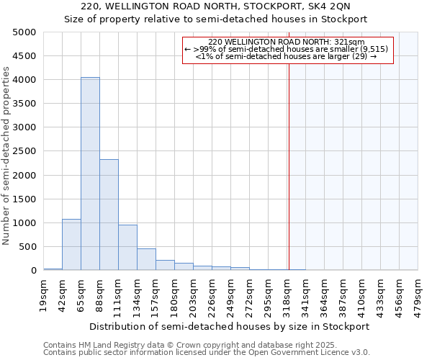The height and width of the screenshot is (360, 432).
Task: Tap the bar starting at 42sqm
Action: click(x=71, y=245)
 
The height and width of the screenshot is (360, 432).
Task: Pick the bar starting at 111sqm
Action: click(x=127, y=248)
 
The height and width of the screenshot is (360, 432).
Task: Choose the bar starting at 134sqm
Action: click(x=146, y=259)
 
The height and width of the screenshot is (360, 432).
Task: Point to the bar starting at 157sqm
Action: click(x=165, y=265)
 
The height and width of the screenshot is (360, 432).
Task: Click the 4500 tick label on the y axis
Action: click(x=24, y=56)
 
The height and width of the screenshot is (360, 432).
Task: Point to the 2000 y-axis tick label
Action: click(x=24, y=175)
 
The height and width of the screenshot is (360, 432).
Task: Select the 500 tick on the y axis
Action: click(x=28, y=247)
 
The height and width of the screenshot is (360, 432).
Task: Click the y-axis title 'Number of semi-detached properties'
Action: click(x=6, y=156)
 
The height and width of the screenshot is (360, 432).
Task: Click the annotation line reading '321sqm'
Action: click(x=288, y=42)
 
